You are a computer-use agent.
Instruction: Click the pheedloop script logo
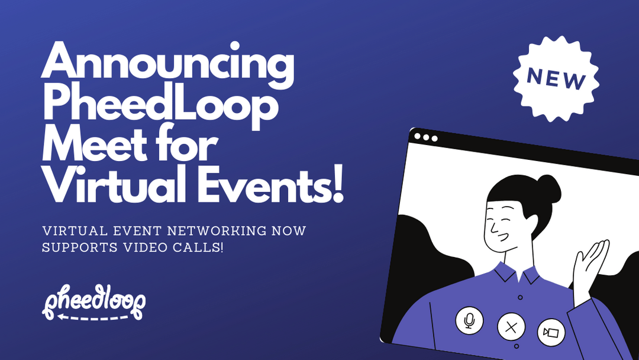click(94, 302)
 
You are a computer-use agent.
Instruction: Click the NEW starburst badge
click(556, 79)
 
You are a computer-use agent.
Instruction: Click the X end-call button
click(511, 326)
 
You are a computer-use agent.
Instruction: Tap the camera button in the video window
click(551, 333)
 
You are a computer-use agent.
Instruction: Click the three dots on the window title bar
click(426, 137)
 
